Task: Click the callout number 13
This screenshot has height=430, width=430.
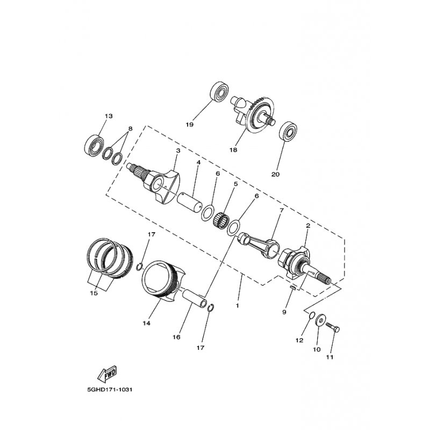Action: (109, 117)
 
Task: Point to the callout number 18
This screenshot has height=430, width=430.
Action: (233, 150)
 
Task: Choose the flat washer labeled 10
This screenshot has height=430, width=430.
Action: (321, 321)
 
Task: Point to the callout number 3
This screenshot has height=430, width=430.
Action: (177, 151)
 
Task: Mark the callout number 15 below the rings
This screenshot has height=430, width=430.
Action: (94, 293)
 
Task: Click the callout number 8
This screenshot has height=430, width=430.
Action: (129, 129)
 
